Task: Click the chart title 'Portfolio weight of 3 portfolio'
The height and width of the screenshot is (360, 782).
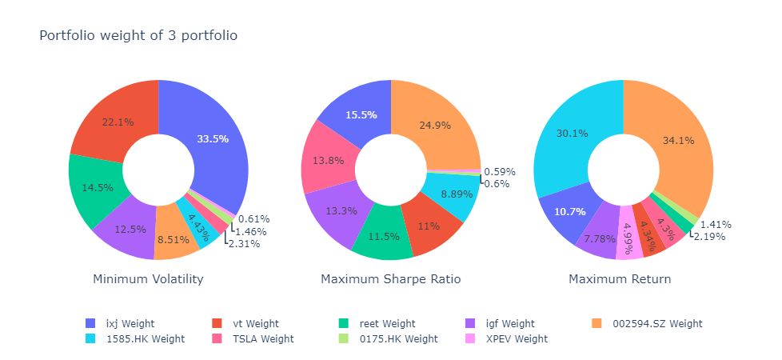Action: [138, 36]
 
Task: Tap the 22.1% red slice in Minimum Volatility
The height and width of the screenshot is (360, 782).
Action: [118, 122]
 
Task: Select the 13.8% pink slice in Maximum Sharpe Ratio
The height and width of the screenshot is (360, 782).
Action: [328, 160]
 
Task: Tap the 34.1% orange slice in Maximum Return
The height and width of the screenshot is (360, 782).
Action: [676, 141]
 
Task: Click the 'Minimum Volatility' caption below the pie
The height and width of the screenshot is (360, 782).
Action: [148, 279]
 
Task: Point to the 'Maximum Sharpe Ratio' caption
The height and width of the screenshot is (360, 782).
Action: [390, 279]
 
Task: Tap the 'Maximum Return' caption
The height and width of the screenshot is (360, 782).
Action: [620, 279]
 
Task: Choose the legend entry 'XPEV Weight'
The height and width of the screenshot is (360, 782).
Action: [517, 338]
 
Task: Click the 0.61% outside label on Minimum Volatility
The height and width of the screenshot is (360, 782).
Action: [253, 219]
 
